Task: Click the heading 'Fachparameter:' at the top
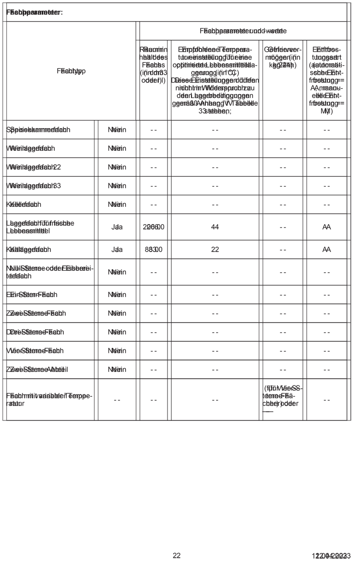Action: point(35,12)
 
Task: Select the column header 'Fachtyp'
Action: point(70,71)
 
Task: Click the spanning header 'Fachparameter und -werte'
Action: point(243,31)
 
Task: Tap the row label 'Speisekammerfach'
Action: point(38,130)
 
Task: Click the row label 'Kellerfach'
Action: point(24,204)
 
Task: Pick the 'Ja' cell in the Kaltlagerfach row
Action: point(117,250)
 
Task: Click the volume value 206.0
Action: point(154,227)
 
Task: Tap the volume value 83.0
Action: point(154,250)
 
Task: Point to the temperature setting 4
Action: point(215,227)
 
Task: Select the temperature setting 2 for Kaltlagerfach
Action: point(215,250)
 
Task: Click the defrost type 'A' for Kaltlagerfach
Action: point(327,250)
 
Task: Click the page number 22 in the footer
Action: point(177,555)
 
